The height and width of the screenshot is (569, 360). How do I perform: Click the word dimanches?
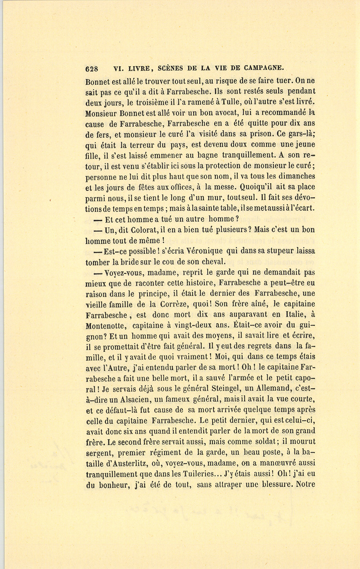[x=296, y=176]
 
